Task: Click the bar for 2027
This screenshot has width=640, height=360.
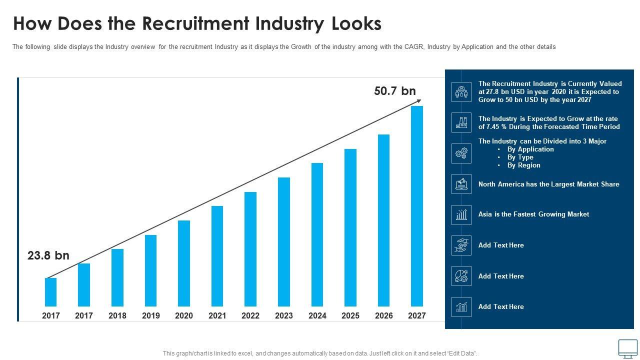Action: click(416, 206)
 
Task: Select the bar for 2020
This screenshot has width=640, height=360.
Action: click(184, 263)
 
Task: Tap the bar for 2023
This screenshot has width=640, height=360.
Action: click(283, 241)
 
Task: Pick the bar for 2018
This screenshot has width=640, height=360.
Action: click(117, 277)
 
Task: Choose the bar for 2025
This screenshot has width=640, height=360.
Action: click(350, 227)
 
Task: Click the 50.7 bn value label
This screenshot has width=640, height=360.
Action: click(395, 91)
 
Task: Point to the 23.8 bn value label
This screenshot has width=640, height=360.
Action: click(48, 255)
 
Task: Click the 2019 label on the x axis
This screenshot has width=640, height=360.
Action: click(150, 315)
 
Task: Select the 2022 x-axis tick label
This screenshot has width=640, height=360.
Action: click(250, 315)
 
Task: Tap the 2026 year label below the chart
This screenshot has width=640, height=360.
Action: click(383, 315)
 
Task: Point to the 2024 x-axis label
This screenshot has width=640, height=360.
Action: click(317, 315)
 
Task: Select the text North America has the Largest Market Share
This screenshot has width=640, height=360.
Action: click(548, 184)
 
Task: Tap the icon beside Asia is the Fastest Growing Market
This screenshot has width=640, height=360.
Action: click(461, 214)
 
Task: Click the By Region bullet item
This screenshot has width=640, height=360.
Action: click(523, 165)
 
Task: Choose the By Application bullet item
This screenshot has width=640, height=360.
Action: click(530, 149)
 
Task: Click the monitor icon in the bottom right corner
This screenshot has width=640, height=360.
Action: click(627, 348)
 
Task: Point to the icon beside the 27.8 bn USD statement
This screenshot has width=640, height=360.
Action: click(461, 92)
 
